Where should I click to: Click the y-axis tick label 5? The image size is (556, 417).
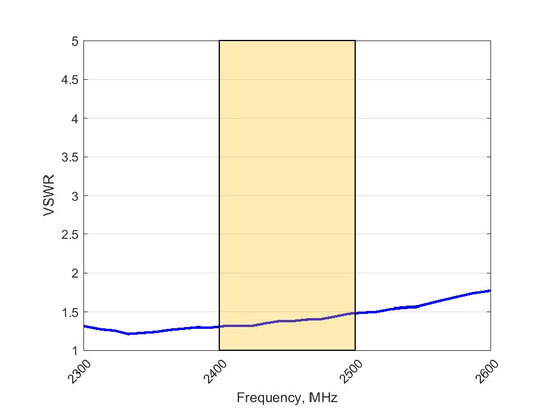pyautogui.click(x=74, y=42)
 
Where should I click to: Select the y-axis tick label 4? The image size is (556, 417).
pyautogui.click(x=74, y=119)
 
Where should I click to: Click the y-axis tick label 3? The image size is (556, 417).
pyautogui.click(x=74, y=196)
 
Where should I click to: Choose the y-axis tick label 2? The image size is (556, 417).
pyautogui.click(x=74, y=273)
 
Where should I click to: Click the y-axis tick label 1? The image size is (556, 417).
pyautogui.click(x=74, y=351)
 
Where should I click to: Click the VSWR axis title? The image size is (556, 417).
pyautogui.click(x=50, y=196)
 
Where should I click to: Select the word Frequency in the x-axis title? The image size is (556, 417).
pyautogui.click(x=262, y=397)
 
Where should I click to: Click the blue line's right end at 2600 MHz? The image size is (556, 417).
pyautogui.click(x=490, y=291)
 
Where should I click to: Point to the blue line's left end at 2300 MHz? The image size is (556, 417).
pyautogui.click(x=84, y=326)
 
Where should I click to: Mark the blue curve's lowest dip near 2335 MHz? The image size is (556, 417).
pyautogui.click(x=129, y=334)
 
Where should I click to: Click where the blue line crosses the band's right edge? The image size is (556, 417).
pyautogui.click(x=355, y=313)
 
